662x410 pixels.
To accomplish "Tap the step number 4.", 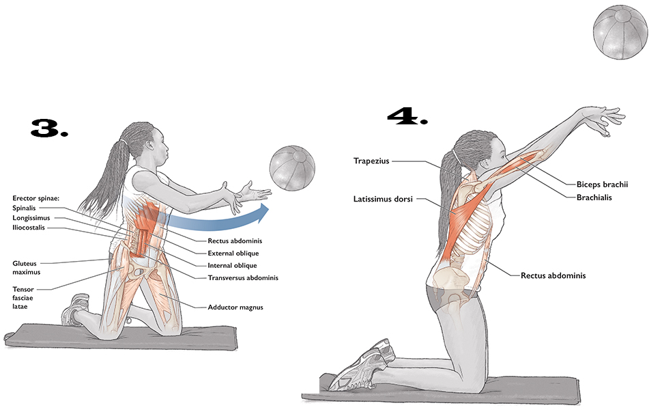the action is click(407, 116).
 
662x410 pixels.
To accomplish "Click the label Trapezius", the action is click(371, 161).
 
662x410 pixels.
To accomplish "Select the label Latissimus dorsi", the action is click(383, 200).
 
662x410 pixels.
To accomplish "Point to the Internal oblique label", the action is click(231, 265).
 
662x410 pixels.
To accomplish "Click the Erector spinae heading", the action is click(37, 198).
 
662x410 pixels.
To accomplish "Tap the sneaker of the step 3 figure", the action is click(74, 311).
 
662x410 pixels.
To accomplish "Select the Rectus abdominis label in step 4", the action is click(553, 276).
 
